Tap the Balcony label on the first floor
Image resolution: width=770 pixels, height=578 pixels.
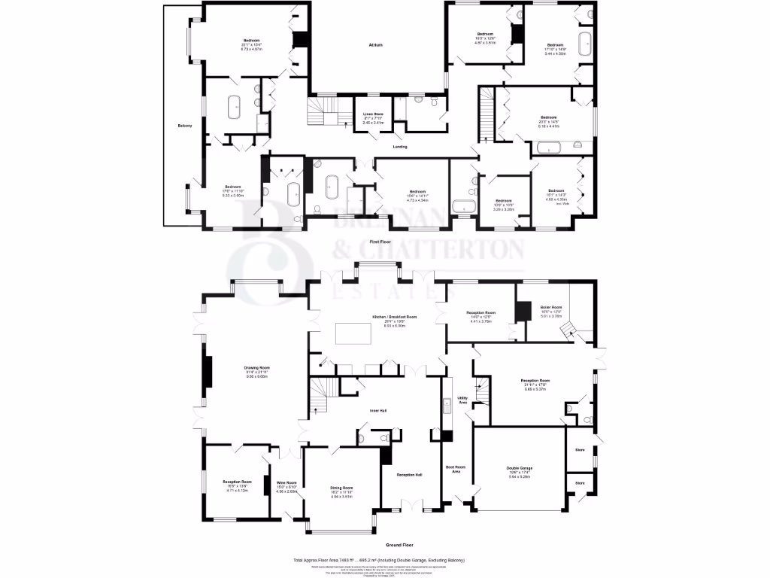[x=186, y=125]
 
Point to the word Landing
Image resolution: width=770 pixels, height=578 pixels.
[x=400, y=147]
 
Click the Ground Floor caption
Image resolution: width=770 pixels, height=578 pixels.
[x=399, y=544]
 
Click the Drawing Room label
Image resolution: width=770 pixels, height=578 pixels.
[x=238, y=367]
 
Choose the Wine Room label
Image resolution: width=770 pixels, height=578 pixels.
[x=286, y=482]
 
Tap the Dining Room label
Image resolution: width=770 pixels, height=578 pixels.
[x=342, y=488]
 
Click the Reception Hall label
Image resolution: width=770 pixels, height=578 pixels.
[x=409, y=475]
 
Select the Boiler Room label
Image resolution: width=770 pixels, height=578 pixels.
[x=551, y=306]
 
